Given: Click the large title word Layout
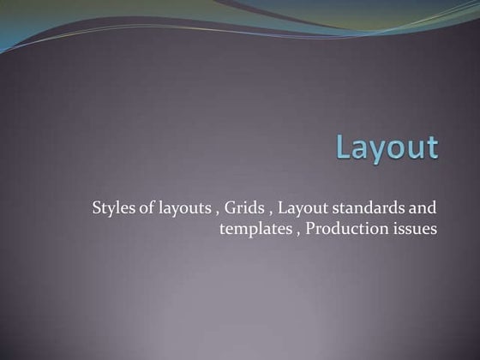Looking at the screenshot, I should tap(387, 147).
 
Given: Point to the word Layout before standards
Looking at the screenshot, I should tap(305, 208).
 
